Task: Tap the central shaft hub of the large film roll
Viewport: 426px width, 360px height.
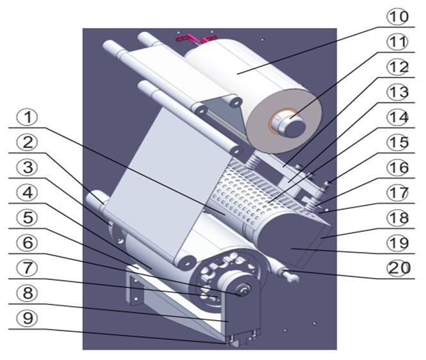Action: pyautogui.click(x=291, y=124)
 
